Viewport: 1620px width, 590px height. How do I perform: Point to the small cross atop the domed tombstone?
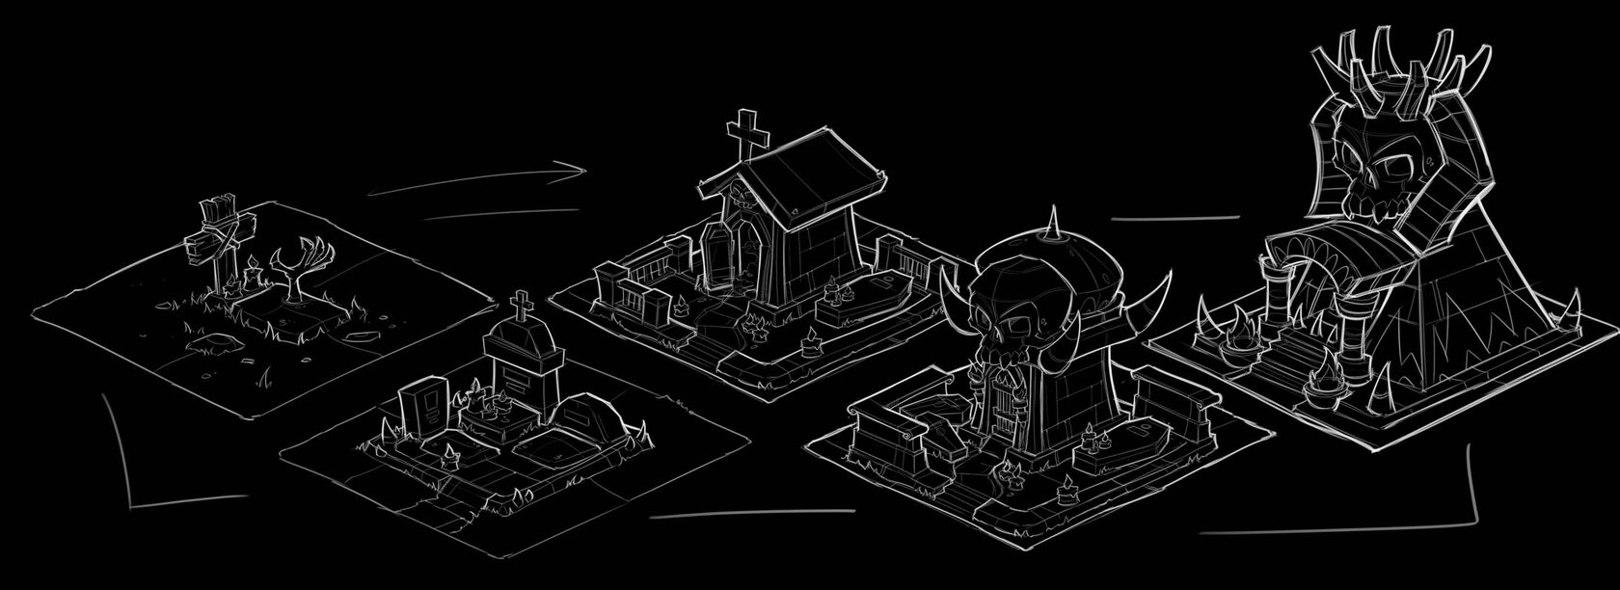point(520,308)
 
